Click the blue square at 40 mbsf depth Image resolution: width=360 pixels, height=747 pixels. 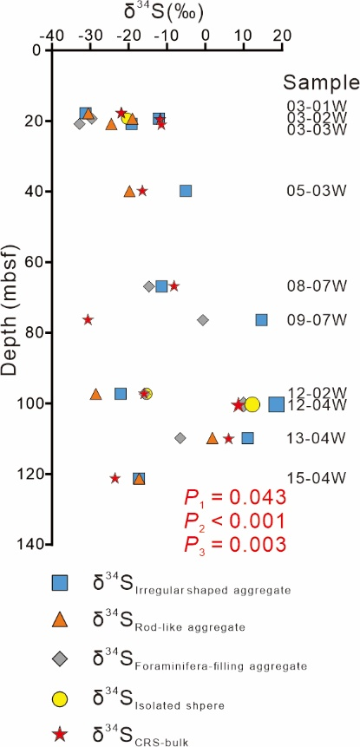[x=186, y=191]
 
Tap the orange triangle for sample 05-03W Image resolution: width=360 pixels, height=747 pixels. [x=129, y=191]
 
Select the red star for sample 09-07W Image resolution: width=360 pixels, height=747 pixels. [x=88, y=319]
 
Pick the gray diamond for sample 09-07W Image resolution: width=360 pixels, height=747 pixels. [x=203, y=320]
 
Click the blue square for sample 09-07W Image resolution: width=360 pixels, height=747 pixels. [x=261, y=320]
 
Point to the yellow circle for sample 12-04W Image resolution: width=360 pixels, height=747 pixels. [x=252, y=404]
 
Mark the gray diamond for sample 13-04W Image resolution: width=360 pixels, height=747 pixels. [x=180, y=438]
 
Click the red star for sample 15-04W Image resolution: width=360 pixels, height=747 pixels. [x=115, y=478]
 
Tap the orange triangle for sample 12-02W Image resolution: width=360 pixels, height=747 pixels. [x=96, y=394]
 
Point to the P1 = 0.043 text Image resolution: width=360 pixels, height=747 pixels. [x=235, y=498]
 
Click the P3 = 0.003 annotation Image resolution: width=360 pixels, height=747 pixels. [x=235, y=545]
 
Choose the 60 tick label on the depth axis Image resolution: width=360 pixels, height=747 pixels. [x=35, y=261]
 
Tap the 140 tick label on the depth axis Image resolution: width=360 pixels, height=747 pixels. [x=31, y=544]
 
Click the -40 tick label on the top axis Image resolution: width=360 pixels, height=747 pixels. [x=53, y=36]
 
